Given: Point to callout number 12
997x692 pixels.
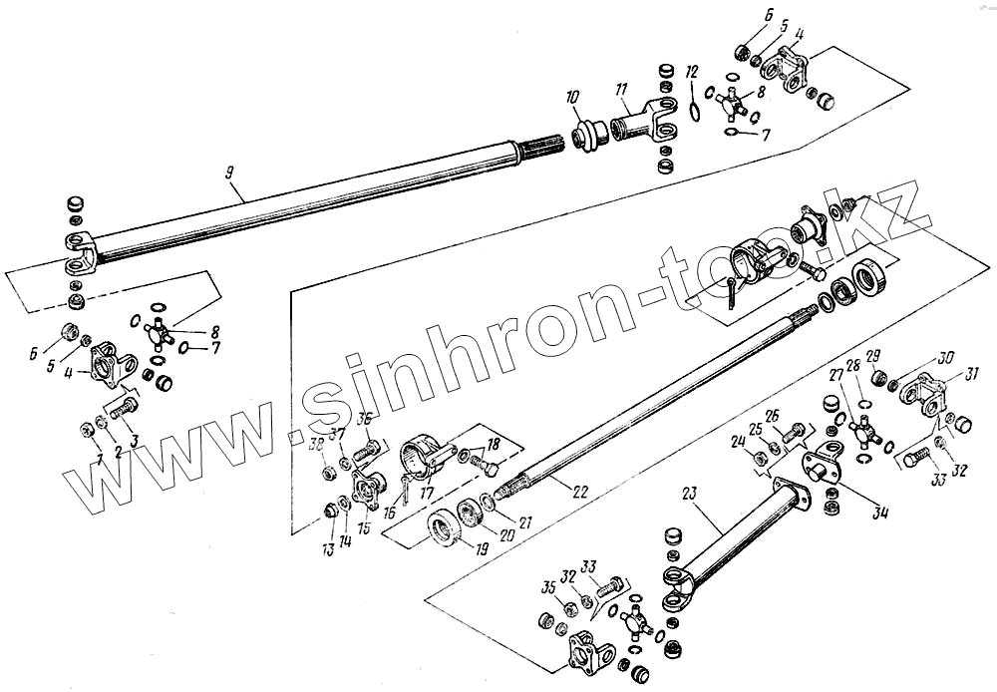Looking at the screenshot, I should (x=692, y=71).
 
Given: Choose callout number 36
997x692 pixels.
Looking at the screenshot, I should (x=365, y=419).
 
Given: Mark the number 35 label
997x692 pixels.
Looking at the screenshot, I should (x=547, y=585).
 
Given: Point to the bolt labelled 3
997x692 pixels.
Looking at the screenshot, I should (x=124, y=408).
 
